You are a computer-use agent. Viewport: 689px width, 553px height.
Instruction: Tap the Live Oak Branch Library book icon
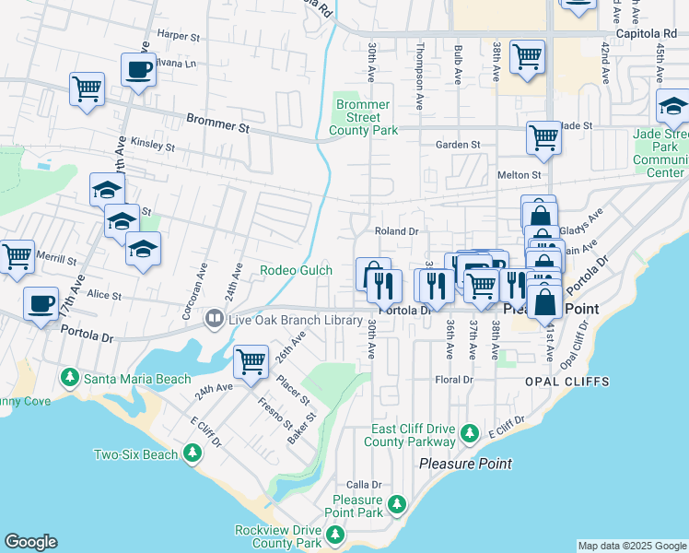coord(215,319)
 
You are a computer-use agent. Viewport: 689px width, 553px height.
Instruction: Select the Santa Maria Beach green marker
coord(70,378)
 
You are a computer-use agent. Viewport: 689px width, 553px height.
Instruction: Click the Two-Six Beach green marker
coord(192,453)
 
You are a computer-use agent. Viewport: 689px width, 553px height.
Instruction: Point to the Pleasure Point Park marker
coord(396,504)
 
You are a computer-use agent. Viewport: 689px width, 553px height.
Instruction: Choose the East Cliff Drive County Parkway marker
coord(470,432)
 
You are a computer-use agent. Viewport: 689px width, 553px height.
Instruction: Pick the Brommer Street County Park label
coord(364,118)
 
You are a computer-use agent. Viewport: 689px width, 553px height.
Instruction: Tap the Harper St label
coord(179,36)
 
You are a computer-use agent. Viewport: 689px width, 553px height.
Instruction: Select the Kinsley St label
coord(153,146)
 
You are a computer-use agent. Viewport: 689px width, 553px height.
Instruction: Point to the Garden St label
coord(458,145)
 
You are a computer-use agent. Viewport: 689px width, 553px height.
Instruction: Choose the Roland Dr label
coord(396,231)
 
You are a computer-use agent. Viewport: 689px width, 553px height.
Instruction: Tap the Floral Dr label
coord(454,379)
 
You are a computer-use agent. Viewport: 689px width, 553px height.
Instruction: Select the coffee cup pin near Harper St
coord(138,69)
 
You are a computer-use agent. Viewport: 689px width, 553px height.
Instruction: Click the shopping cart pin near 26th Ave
coord(251,361)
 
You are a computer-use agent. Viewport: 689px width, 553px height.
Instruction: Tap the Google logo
coord(30,542)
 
